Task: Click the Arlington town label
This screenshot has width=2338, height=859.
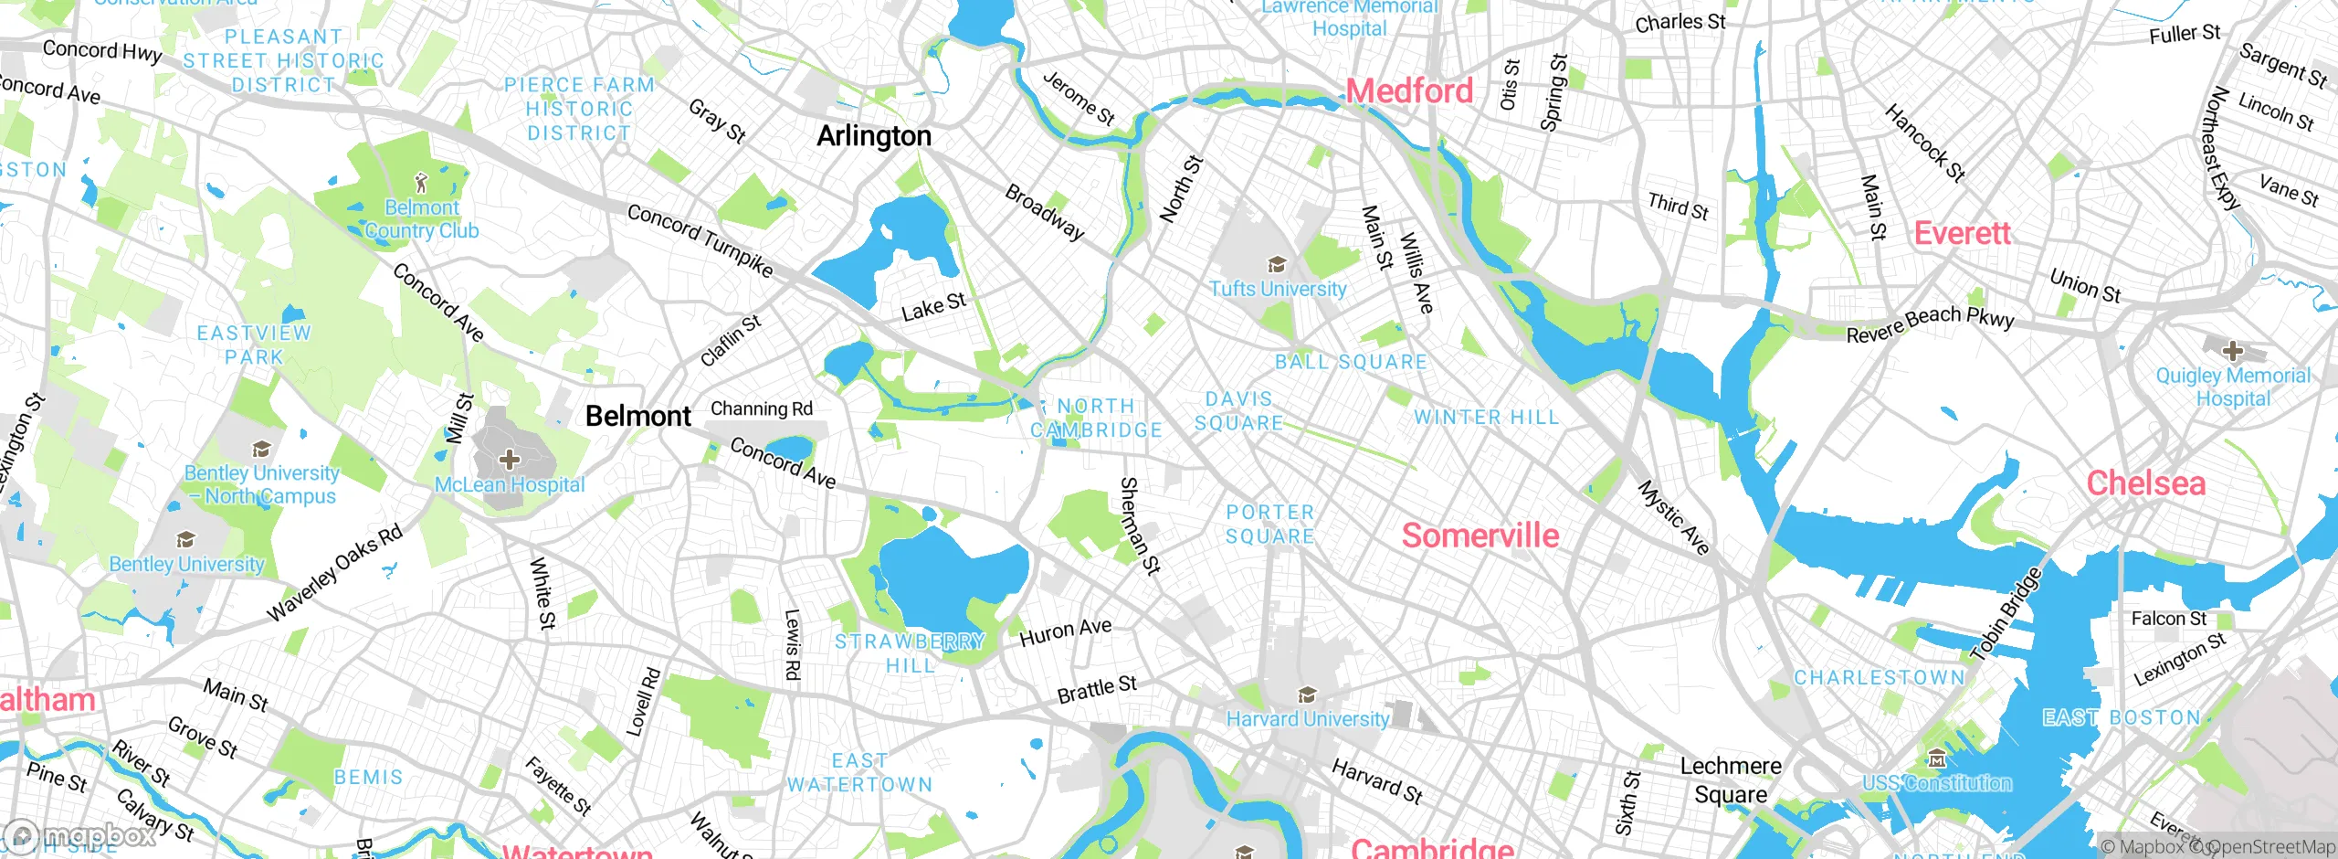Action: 874,136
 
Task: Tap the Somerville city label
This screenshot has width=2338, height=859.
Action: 1480,536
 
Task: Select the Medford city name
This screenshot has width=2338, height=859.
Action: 1409,90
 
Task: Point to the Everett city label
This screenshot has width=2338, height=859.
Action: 1962,233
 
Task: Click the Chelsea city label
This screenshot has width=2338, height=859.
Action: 2145,483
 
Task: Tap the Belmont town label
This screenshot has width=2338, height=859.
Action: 637,417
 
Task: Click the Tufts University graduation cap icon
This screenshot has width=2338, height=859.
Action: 1277,266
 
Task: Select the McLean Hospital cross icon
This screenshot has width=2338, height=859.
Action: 510,460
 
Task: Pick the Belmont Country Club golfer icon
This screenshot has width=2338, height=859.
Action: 421,183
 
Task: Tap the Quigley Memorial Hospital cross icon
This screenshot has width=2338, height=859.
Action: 2232,351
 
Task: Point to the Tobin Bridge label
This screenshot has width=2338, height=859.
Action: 2006,613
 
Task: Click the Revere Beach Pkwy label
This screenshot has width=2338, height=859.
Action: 1929,323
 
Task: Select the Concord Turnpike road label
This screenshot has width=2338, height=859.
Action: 700,240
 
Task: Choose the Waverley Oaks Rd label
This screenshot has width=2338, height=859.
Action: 334,574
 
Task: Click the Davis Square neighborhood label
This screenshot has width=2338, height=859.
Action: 1238,411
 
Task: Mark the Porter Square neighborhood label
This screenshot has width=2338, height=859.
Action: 1269,525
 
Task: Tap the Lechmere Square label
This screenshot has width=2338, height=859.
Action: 1730,779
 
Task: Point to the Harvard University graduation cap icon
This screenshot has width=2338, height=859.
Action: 1307,695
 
